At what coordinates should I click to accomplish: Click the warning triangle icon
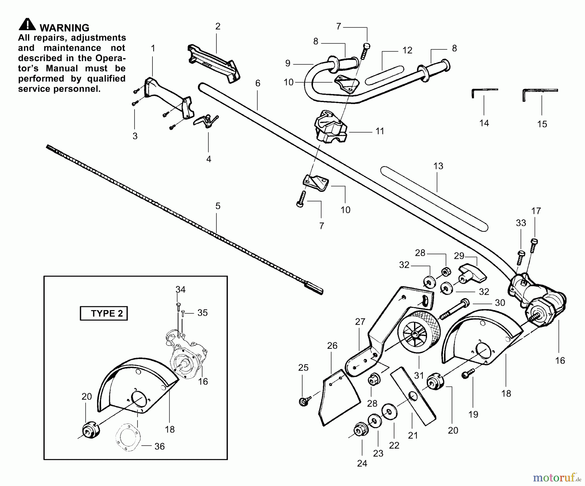click(x=27, y=25)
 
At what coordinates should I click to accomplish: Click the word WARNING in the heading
click(x=64, y=28)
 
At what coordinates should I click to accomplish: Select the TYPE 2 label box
click(x=104, y=313)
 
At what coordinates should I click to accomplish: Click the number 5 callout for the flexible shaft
click(x=218, y=206)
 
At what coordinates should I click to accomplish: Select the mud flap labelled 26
click(x=339, y=398)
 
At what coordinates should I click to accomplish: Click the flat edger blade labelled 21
click(x=413, y=396)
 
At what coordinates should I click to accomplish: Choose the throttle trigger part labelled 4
click(x=206, y=121)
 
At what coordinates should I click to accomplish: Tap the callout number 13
click(x=438, y=166)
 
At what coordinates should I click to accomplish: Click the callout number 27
click(x=360, y=322)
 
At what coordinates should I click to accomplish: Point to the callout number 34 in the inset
click(x=180, y=289)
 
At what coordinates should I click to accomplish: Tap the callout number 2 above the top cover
click(x=218, y=26)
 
